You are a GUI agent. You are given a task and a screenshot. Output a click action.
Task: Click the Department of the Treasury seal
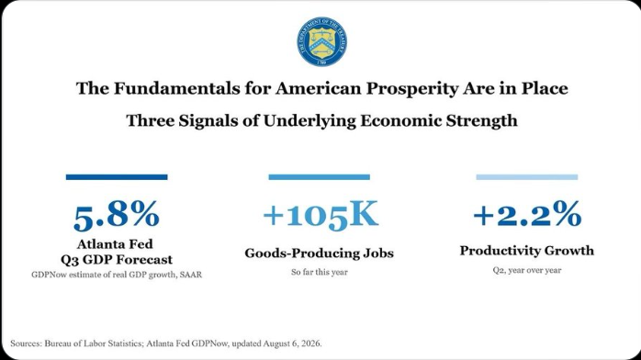point(322,41)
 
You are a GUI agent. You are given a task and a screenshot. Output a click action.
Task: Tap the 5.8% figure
point(117,215)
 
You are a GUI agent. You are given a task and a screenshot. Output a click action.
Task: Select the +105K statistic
point(320,215)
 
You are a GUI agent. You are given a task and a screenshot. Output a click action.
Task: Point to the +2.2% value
point(527,214)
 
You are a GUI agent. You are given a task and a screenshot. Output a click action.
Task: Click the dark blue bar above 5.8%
point(117,177)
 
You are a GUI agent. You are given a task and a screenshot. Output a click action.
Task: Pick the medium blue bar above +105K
point(320,177)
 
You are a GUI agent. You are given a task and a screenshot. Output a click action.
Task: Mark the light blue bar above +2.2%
point(527,177)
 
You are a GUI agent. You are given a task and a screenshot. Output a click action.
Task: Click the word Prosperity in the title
point(411,89)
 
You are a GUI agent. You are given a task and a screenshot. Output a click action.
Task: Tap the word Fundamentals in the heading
point(176,88)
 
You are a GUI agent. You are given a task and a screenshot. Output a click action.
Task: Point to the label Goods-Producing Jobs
point(320,253)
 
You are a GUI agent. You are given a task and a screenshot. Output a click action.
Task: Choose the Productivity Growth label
point(527,251)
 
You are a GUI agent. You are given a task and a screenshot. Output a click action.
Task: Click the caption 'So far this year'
point(320,272)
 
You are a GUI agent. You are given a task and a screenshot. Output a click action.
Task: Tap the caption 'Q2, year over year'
point(527,270)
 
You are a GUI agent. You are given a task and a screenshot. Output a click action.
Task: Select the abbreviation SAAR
point(191,275)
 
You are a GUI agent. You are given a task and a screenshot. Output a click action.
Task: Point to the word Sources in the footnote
point(26,343)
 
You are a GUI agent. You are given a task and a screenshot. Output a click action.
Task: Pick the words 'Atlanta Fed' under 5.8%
point(115,244)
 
